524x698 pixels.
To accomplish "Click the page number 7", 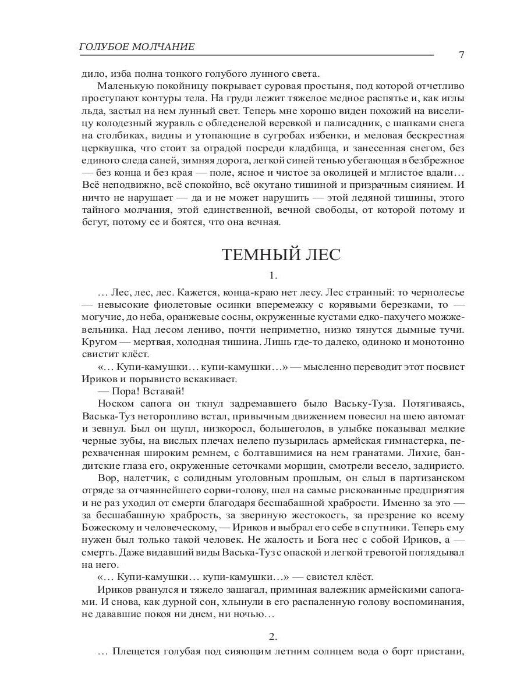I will (461, 55).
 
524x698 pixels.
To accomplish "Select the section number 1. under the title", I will (272, 275).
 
